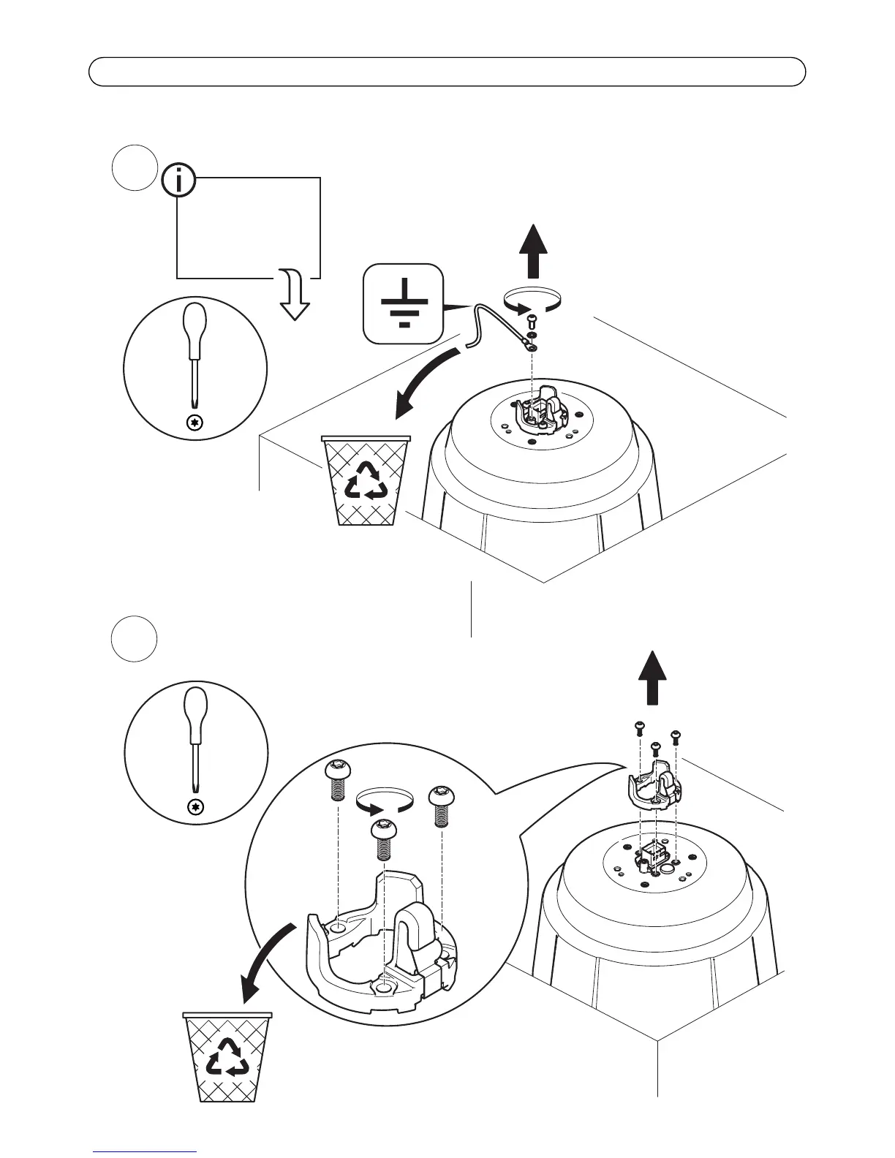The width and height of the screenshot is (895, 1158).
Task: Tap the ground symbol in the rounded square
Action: pos(403,303)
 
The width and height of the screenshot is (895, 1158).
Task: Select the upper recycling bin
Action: pos(366,480)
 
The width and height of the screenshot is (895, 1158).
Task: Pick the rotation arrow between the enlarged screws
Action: pos(385,801)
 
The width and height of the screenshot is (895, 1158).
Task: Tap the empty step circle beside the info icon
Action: pos(135,167)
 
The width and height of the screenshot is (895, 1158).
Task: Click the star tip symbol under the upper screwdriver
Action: pos(194,422)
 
